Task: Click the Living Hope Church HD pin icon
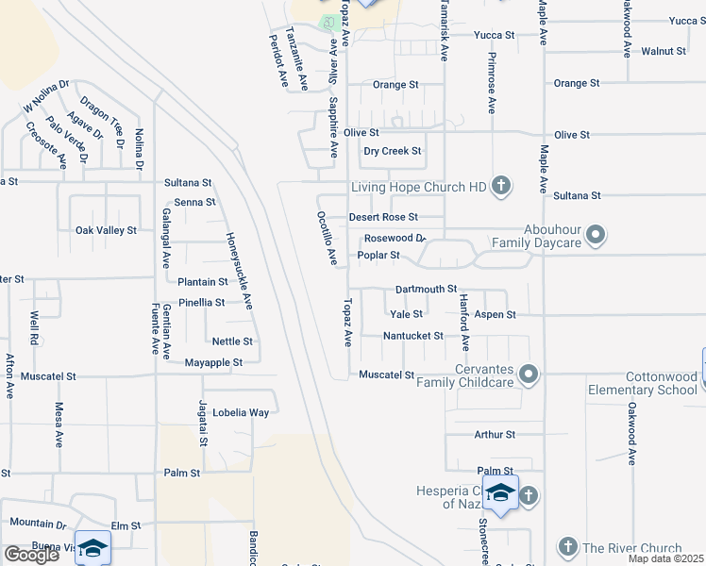tap(501, 187)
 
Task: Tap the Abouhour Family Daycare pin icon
tap(596, 233)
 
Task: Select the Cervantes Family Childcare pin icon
tap(529, 375)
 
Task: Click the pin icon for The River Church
tap(567, 547)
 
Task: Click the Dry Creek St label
tap(393, 151)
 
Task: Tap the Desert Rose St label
tap(383, 217)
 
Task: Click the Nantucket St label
tap(412, 336)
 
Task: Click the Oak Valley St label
tap(106, 230)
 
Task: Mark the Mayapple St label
tap(213, 362)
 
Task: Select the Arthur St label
tap(495, 435)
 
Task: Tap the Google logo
tap(31, 555)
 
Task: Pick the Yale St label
tap(406, 314)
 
